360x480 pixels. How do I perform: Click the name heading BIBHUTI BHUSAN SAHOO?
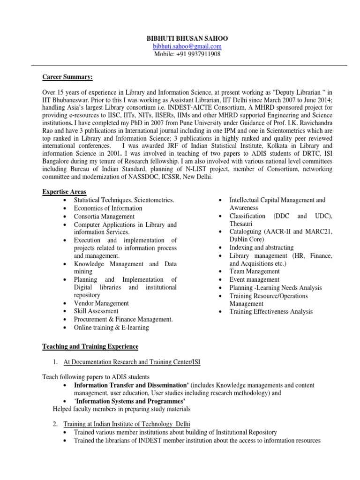[x=187, y=38]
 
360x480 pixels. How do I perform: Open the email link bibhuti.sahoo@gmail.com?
[x=187, y=46]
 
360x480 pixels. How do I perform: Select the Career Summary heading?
[x=67, y=76]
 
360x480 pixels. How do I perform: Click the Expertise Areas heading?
[x=64, y=192]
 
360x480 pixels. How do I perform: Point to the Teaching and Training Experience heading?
[x=90, y=346]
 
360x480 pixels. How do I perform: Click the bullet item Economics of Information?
[x=108, y=208]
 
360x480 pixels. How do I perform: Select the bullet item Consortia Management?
[x=104, y=217]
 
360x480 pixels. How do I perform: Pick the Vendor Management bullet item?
[x=101, y=303]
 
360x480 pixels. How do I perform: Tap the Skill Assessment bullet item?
[x=96, y=311]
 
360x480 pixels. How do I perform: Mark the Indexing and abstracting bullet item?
[x=261, y=247]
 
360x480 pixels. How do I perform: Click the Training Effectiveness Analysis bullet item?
[x=270, y=312]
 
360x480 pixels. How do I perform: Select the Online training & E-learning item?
[x=111, y=328]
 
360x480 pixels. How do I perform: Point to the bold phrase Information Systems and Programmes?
[x=130, y=401]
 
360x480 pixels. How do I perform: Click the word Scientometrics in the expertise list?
[x=153, y=200]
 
